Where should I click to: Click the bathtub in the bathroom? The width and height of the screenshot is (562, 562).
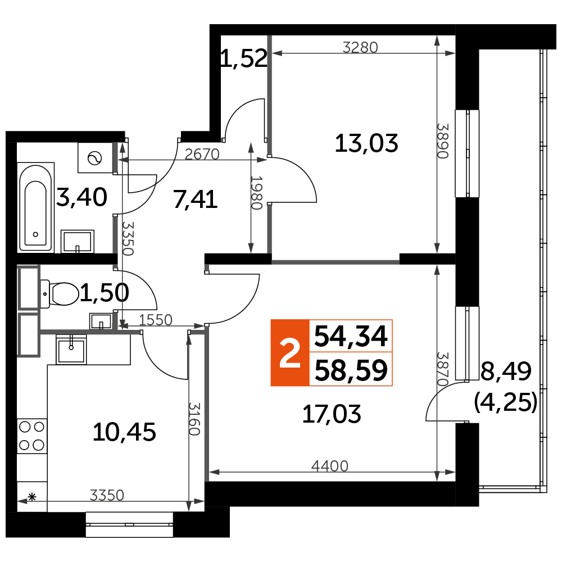35,207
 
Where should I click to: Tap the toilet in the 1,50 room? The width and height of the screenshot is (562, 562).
60,294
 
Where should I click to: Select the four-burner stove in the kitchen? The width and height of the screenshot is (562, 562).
32,436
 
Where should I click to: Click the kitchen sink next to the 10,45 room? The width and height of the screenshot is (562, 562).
71,349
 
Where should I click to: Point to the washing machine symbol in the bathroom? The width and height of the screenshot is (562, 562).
96,157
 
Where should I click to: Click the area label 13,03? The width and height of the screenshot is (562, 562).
366,143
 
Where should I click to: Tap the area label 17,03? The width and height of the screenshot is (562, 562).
332,414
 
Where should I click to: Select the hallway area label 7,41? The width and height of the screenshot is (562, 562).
196,200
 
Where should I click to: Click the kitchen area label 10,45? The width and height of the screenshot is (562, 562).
124,432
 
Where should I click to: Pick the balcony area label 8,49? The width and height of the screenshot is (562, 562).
506,371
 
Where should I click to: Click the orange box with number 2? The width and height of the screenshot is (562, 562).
289,353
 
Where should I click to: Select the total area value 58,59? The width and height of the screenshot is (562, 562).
351,370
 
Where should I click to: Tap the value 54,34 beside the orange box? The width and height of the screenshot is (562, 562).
351,336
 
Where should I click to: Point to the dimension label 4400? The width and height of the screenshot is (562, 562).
330,466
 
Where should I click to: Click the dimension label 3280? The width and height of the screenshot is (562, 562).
360,47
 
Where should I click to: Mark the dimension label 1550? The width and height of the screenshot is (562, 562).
156,320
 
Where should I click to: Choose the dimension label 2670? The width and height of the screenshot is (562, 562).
202,154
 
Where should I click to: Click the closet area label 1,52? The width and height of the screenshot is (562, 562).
244,58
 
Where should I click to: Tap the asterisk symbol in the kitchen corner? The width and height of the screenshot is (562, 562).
32,497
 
